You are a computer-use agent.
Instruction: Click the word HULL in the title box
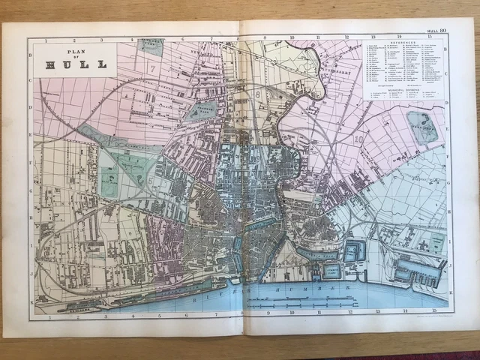pos(75,64)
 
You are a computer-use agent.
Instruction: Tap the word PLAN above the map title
pos(75,53)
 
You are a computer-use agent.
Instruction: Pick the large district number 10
pos(358,139)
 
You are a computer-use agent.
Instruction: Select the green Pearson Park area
pos(201,111)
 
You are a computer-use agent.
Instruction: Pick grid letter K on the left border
pos(31,289)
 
